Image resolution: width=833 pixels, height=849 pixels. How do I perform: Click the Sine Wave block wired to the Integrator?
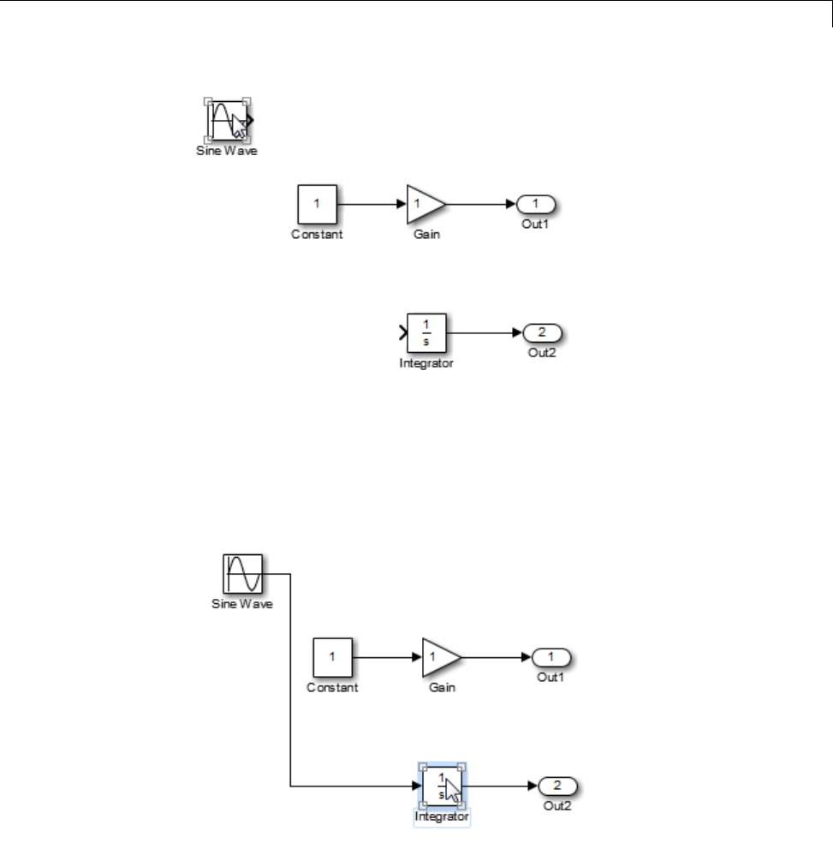[243, 573]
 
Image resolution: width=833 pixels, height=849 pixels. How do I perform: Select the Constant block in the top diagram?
[316, 204]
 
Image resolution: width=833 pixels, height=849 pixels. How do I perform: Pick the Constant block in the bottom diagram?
[332, 657]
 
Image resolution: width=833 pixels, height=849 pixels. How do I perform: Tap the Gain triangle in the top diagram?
[423, 204]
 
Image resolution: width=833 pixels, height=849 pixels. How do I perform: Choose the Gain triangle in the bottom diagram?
[438, 657]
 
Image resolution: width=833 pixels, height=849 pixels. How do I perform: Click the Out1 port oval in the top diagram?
[536, 204]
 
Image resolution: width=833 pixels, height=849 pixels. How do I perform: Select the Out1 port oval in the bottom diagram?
[552, 657]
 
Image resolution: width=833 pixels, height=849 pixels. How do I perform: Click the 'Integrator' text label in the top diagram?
[425, 363]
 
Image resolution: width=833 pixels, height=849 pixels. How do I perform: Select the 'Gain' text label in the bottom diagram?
[442, 688]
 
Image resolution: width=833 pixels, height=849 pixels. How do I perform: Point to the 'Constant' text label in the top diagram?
[317, 235]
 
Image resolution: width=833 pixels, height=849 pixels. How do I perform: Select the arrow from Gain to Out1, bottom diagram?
[496, 657]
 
